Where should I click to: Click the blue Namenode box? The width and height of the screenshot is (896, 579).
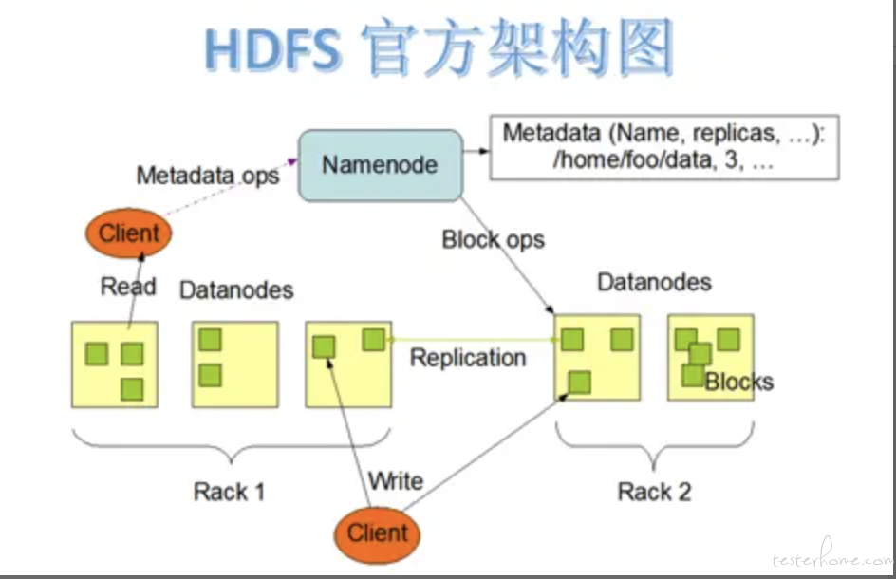point(381,165)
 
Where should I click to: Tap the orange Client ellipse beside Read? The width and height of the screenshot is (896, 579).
point(128,233)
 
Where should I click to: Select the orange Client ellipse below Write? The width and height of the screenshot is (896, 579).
point(377,534)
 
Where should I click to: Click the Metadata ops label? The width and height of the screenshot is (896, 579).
point(208,175)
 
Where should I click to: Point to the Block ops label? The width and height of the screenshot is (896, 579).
point(494,239)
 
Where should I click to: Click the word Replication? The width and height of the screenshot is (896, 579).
point(468,358)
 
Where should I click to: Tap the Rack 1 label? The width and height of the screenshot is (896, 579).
point(229,492)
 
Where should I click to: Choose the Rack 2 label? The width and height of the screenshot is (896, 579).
point(654,492)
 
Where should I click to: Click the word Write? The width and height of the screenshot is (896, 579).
point(396,480)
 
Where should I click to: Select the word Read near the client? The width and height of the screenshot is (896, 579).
point(128,287)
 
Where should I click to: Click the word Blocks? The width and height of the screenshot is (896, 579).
point(739,382)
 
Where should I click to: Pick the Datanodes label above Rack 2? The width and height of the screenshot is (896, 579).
point(654,282)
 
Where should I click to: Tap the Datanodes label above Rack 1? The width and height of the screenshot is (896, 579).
point(236,290)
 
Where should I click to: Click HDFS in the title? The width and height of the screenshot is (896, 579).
point(273,50)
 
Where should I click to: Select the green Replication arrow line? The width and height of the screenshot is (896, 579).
point(473,340)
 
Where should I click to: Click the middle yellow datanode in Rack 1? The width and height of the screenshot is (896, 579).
point(235,364)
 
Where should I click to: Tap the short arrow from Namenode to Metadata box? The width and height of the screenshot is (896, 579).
point(476,151)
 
